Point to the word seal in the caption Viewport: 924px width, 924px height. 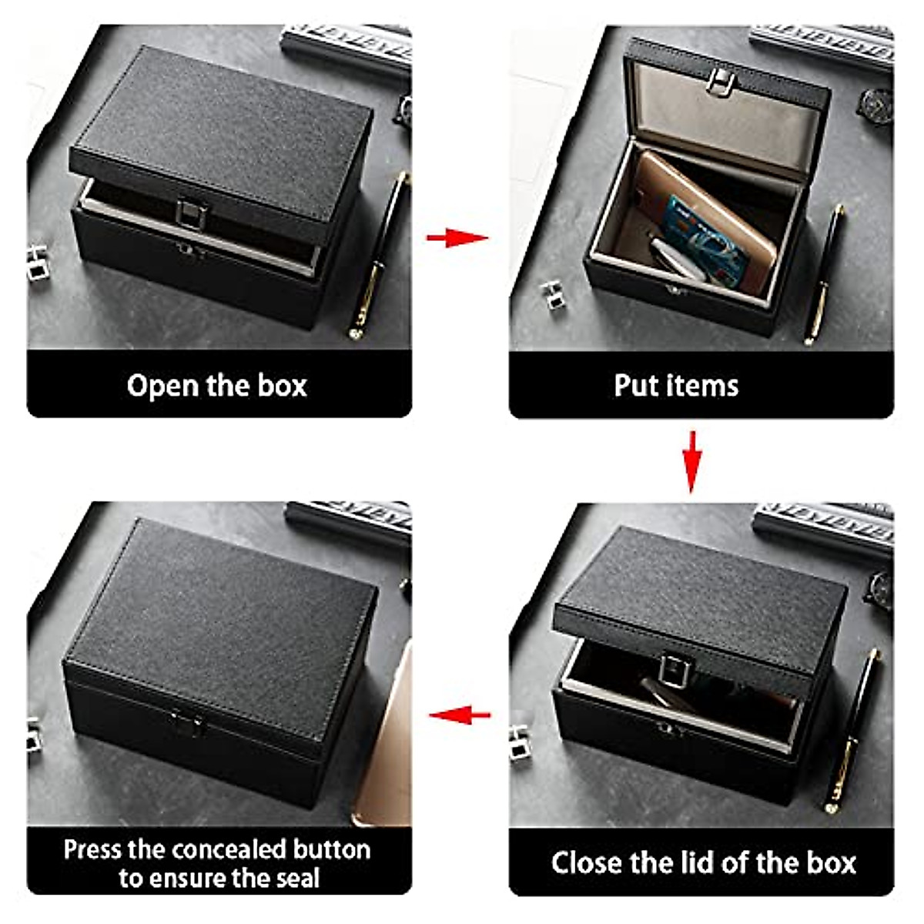(x=297, y=879)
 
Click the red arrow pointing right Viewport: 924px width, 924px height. (x=457, y=236)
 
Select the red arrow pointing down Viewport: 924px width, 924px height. (x=691, y=460)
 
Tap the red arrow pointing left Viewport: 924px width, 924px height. (x=460, y=715)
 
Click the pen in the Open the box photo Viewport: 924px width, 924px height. (x=380, y=254)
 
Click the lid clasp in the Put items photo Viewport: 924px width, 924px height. (x=721, y=79)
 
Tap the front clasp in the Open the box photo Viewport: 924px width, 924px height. (x=188, y=214)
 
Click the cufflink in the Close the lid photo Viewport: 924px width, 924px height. (x=520, y=741)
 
